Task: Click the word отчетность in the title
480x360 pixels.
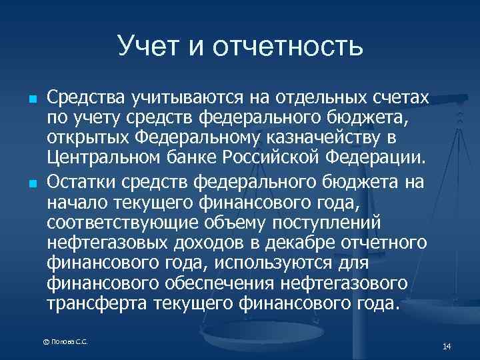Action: click(x=289, y=45)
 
